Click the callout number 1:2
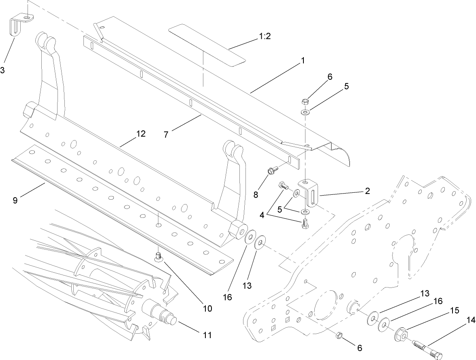coord(265,36)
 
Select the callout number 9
coord(15,200)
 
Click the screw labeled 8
coord(272,171)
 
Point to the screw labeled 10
coord(159,256)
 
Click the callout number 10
coord(207,309)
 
